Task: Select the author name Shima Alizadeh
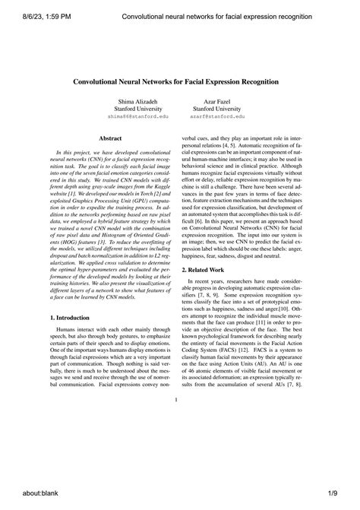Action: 134,101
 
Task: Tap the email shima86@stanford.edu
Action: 134,119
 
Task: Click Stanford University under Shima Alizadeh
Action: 134,109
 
